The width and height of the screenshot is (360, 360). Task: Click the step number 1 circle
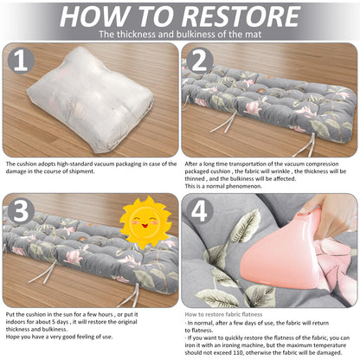coord(21,61)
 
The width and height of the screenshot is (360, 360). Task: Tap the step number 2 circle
coord(200,61)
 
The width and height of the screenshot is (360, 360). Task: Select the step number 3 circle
coord(21,211)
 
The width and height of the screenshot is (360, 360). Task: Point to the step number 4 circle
coord(200,211)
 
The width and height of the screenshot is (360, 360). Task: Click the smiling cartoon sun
coord(145,222)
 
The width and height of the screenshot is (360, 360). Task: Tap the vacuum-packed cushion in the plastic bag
coord(90,100)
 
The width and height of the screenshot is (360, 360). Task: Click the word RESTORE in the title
coord(241,16)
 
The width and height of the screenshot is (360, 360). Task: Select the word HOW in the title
coord(94,16)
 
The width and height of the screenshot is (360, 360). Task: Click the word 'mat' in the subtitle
coord(254,35)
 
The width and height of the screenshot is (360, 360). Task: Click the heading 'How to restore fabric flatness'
coord(223,314)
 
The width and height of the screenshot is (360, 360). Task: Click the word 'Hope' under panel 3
coord(12,337)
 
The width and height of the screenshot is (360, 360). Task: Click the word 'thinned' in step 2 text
coord(195,179)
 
